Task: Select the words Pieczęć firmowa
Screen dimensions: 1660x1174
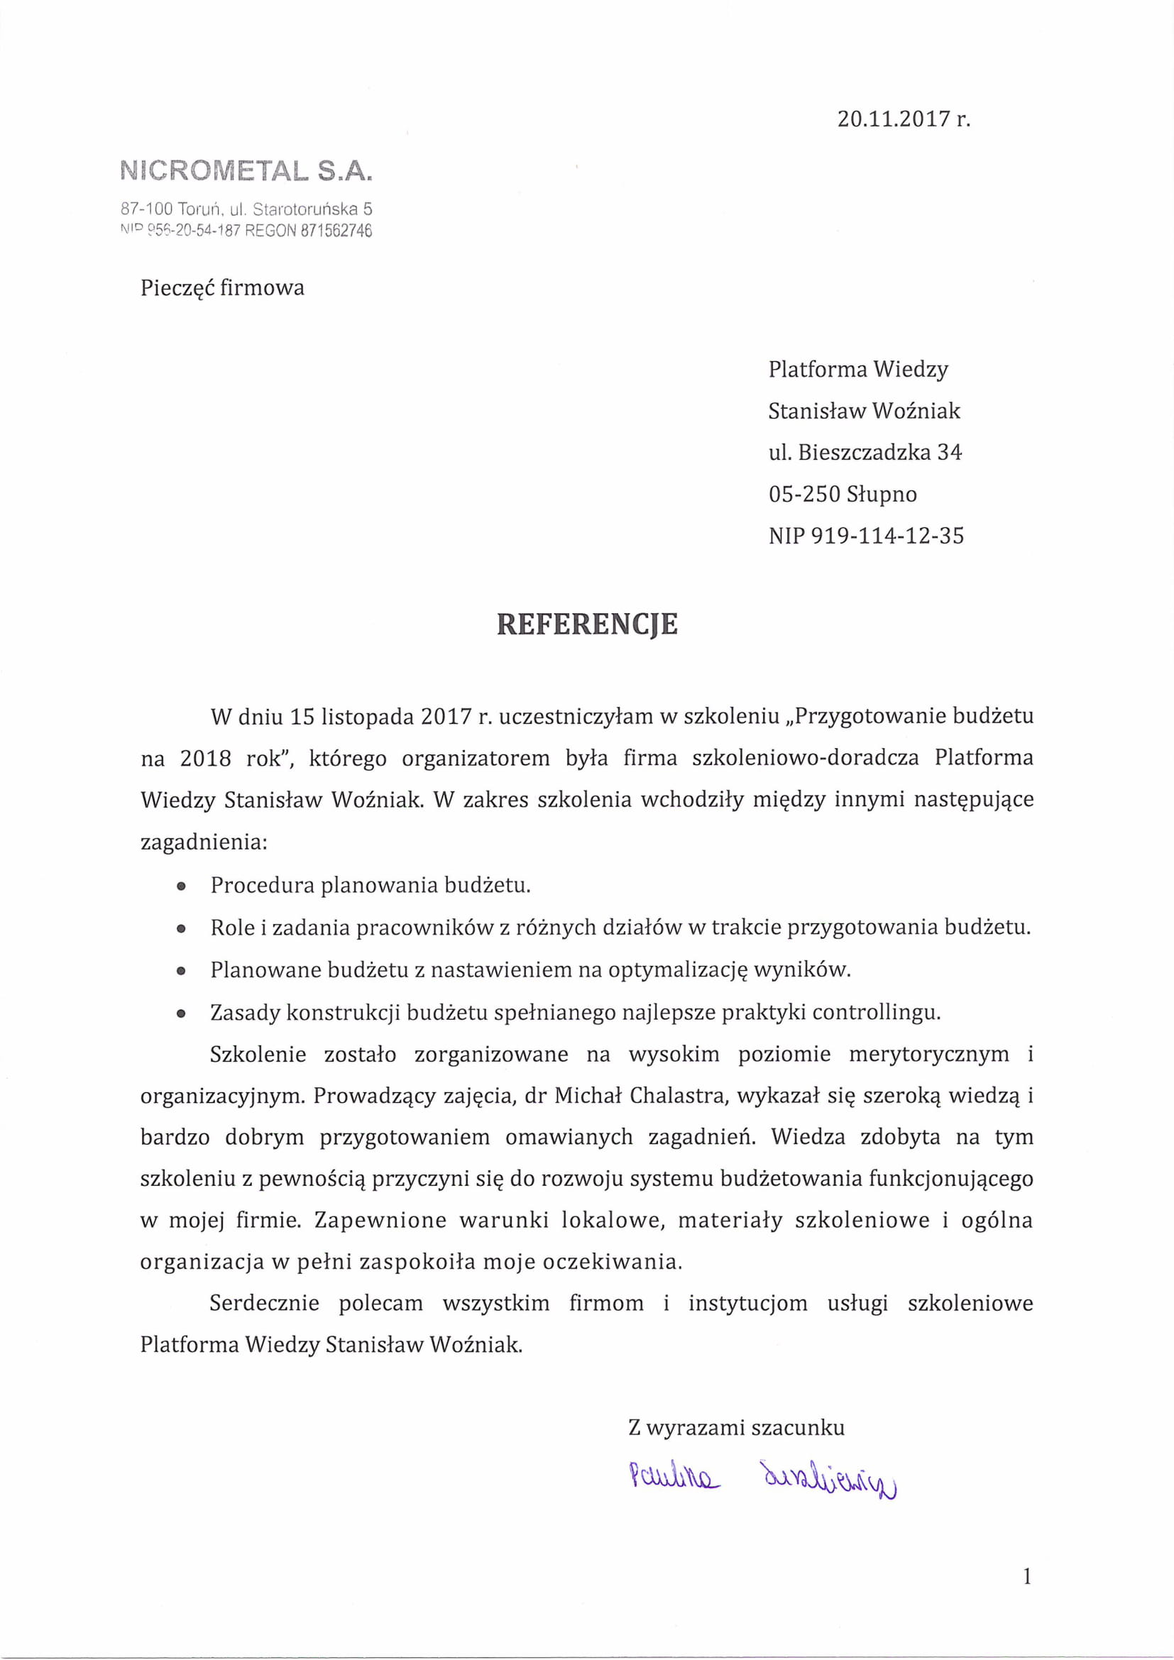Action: (222, 288)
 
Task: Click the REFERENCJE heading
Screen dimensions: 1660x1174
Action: (587, 625)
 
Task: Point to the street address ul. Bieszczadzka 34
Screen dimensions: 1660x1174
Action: (865, 453)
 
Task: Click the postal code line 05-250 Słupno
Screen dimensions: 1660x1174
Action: (843, 495)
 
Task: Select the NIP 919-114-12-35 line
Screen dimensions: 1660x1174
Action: (866, 536)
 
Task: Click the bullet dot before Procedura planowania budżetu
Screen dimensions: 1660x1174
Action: (182, 886)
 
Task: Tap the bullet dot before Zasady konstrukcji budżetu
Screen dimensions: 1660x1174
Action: (182, 1013)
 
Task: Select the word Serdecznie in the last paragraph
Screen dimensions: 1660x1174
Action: (265, 1304)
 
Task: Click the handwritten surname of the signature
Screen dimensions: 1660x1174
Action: (826, 1478)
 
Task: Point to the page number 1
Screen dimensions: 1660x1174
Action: (1027, 1577)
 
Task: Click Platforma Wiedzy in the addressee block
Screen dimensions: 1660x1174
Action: (858, 370)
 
